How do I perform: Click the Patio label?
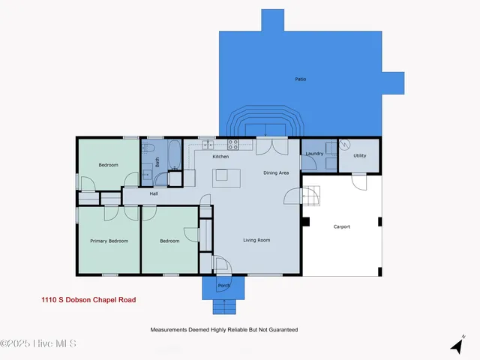pyautogui.click(x=300, y=79)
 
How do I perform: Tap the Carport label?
pyautogui.click(x=341, y=226)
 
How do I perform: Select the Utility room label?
pyautogui.click(x=360, y=155)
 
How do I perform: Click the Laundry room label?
pyautogui.click(x=313, y=154)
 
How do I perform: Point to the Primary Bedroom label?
pyautogui.click(x=109, y=241)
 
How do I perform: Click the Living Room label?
pyautogui.click(x=256, y=240)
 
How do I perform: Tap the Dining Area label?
pyautogui.click(x=275, y=173)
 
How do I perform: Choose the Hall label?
pyautogui.click(x=153, y=193)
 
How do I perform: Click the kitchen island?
pyautogui.click(x=221, y=175)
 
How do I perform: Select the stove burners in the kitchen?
pyautogui.click(x=233, y=144)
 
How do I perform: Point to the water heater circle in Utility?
pyautogui.click(x=345, y=145)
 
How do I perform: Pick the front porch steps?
pyautogui.click(x=223, y=307)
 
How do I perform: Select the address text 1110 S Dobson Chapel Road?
pyautogui.click(x=88, y=299)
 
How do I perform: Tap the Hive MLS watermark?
pyautogui.click(x=39, y=344)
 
